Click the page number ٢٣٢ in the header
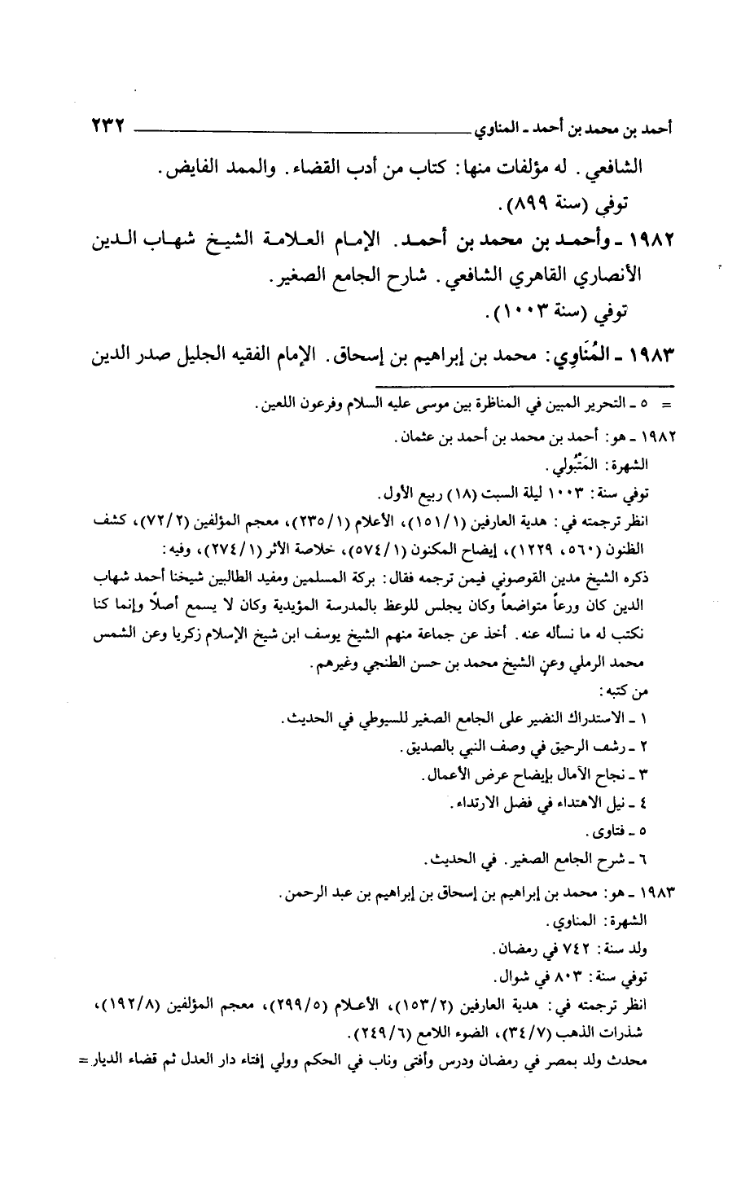107,127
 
